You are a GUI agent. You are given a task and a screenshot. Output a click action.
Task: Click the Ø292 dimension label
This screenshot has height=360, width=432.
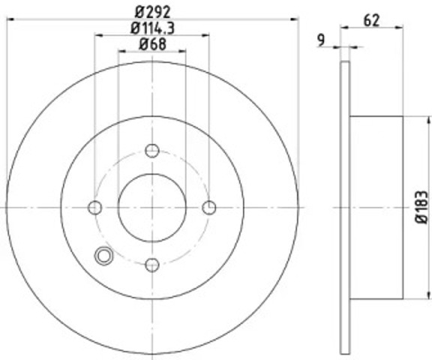(153, 11)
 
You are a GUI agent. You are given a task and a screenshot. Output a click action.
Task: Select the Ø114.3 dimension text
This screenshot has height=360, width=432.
(152, 28)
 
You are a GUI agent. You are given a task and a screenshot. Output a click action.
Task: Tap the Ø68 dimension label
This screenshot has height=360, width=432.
(153, 44)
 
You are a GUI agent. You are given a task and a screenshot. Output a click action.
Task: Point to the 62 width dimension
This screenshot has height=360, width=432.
(371, 20)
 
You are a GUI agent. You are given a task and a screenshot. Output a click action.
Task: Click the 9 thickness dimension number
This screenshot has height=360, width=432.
(321, 40)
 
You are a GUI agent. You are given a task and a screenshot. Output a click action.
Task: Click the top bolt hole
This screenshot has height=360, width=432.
(152, 151)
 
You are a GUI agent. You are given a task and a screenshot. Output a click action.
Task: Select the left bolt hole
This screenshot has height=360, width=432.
(95, 208)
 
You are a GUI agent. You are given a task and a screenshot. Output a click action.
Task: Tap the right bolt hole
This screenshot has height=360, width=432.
(209, 208)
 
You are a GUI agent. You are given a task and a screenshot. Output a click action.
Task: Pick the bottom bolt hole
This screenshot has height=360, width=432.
(152, 265)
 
